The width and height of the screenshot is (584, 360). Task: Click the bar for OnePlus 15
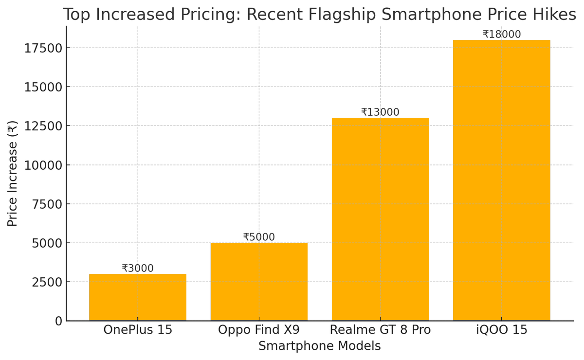pos(138,297)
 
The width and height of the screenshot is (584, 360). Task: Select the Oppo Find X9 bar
pos(259,282)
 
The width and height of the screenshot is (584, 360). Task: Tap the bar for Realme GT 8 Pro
pos(380,219)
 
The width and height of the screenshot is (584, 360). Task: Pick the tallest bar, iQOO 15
pos(501,180)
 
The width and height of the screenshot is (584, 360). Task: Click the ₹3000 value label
pos(138,269)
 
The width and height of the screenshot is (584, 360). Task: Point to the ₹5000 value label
pos(259,237)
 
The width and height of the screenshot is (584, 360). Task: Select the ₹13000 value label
pos(380,112)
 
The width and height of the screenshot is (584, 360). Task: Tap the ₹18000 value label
pos(501,35)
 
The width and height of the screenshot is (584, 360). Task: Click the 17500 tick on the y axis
pos(43,48)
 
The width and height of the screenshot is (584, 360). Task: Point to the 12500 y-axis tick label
pos(43,126)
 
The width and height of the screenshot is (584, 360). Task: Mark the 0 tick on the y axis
pos(58,321)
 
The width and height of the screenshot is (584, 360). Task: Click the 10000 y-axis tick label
pos(43,165)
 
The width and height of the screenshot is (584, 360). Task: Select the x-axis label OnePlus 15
pos(138,330)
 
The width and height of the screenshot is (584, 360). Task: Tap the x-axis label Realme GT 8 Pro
pos(380,330)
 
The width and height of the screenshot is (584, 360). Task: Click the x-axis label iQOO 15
pos(501,330)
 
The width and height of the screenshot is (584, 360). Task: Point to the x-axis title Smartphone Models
pos(319,346)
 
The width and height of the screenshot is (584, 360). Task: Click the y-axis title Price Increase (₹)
pos(13,173)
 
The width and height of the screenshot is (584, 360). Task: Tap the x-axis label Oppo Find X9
pos(259,330)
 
